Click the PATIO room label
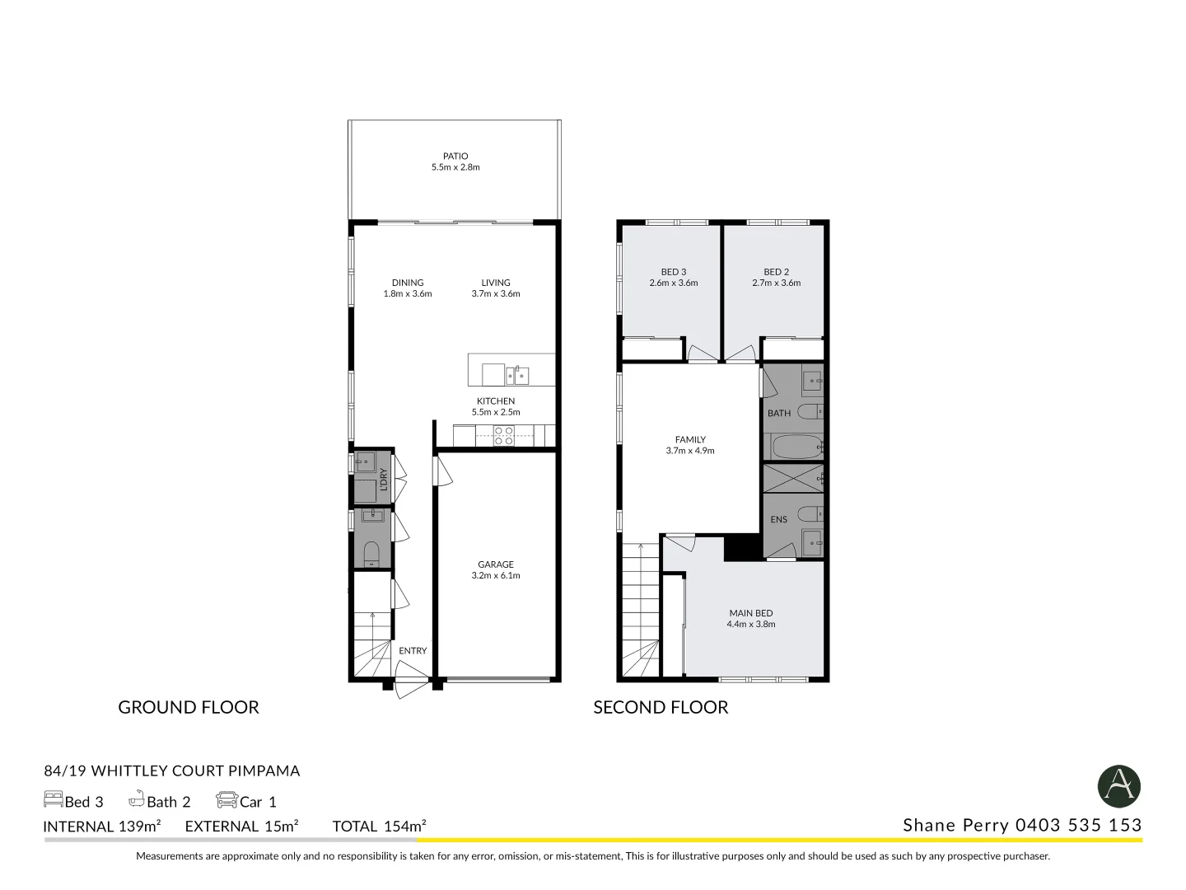pos(455,156)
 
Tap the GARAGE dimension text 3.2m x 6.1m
pos(496,576)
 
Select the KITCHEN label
pos(496,401)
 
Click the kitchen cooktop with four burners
pos(503,436)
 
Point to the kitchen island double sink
pos(516,376)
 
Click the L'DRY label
pos(383,479)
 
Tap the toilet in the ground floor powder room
pos(371,553)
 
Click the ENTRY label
pos(413,651)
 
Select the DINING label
pos(408,283)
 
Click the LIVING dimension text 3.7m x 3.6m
pos(496,294)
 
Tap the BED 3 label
pos(673,272)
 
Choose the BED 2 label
pos(776,272)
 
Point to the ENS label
pos(778,519)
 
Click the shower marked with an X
pos(792,479)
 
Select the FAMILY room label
pos(690,440)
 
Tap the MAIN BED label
pos(750,613)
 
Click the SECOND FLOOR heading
pos(661,707)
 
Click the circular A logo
pos(1118,786)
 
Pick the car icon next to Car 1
pos(226,800)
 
